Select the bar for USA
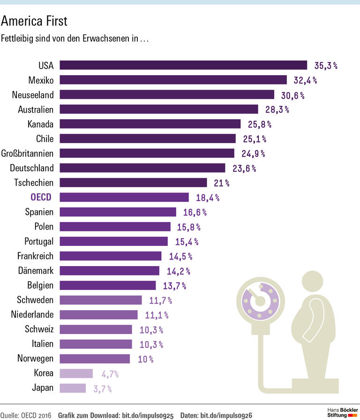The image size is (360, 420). coord(183,65)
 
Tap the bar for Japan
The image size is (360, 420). coord(73,388)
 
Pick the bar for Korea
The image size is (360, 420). coord(76,374)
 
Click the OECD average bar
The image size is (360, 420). coord(124,197)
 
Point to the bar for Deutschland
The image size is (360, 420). coord(142,168)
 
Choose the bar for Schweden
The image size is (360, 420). coord(101,300)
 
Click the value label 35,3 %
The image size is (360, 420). coord(326,65)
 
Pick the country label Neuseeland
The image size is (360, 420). coord(33,95)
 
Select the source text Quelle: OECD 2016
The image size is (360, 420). coord(26,415)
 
